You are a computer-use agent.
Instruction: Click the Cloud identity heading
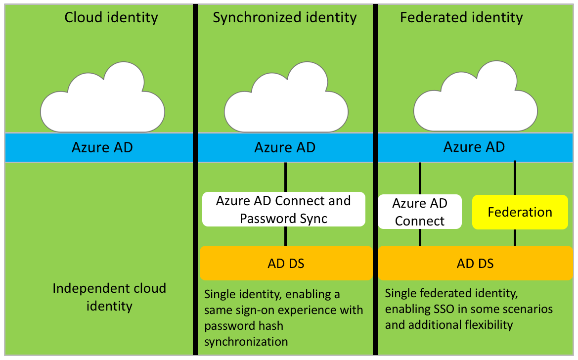[x=111, y=18]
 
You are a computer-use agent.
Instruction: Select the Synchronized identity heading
[x=284, y=18]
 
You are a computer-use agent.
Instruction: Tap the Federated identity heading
[x=461, y=18]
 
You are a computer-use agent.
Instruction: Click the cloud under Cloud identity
[x=102, y=101]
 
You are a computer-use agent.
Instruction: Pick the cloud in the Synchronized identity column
[x=286, y=101]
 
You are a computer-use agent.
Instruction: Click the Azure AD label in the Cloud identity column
[x=102, y=147]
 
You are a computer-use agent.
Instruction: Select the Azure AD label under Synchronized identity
[x=285, y=147]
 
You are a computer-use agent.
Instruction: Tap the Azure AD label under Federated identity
[x=474, y=147]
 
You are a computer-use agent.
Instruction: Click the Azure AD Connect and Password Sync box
[x=284, y=209]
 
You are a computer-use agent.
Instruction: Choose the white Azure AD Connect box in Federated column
[x=420, y=212]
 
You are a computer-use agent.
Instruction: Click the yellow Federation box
[x=520, y=212]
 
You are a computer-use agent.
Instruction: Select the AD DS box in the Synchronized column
[x=286, y=263]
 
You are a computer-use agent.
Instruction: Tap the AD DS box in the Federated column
[x=475, y=263]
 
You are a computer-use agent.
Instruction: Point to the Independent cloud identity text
[x=109, y=297]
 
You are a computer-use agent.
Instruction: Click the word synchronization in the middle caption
[x=246, y=341]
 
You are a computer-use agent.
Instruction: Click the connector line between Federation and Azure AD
[x=515, y=178]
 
